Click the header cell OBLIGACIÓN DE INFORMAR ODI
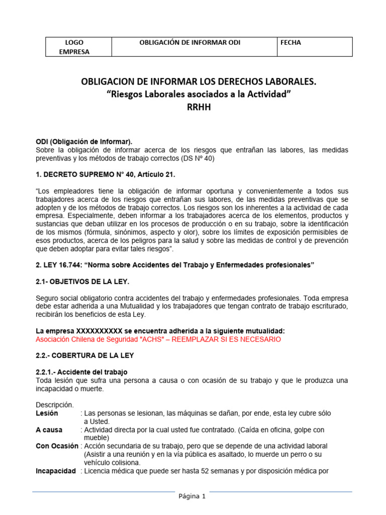tap(189, 43)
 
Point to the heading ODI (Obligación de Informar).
tap(84, 142)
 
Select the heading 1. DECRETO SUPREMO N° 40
tap(106, 174)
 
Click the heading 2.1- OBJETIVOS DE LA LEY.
tap(86, 281)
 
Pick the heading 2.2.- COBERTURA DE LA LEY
tap(84, 355)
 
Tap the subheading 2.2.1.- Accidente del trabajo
tap(81, 372)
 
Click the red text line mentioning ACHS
tap(158, 339)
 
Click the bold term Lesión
tap(47, 413)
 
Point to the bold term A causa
tap(49, 430)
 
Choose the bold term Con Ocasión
tap(57, 446)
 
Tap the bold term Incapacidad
tap(56, 471)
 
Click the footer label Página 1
tap(192, 496)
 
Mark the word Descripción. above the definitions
tap(55, 405)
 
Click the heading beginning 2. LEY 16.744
tap(175, 265)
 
